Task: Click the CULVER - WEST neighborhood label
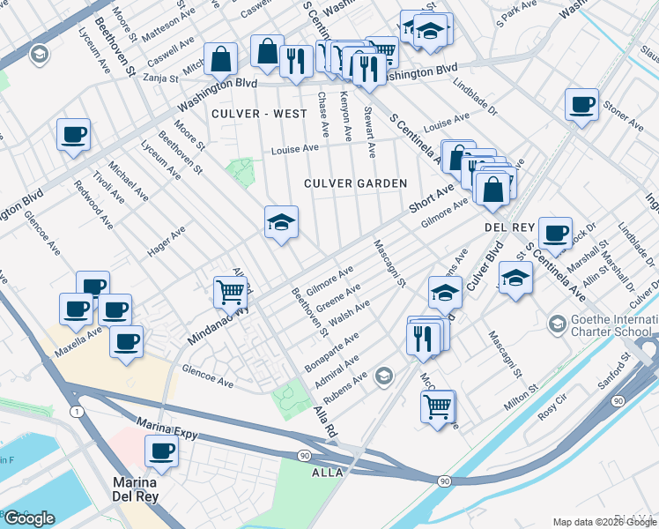pos(259,114)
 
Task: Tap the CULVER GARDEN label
pos(355,183)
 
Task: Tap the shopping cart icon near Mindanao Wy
pos(230,291)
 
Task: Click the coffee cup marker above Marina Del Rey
pos(161,451)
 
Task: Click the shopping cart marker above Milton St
pos(437,406)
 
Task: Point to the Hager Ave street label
pos(166,241)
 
